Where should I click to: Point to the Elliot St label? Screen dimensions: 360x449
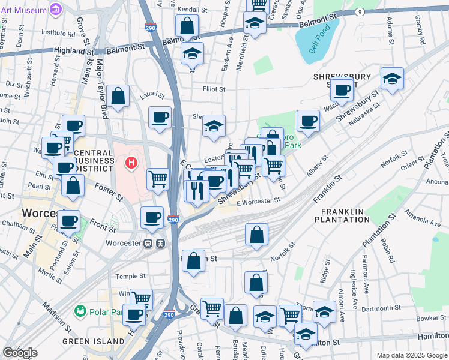click(214, 89)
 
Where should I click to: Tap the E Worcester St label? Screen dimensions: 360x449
click(258, 202)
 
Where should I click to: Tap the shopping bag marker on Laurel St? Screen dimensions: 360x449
click(118, 96)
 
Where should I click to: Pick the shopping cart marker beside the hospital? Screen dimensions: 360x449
click(158, 178)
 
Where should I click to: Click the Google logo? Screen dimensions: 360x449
click(19, 353)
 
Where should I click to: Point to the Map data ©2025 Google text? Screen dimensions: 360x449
click(412, 355)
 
